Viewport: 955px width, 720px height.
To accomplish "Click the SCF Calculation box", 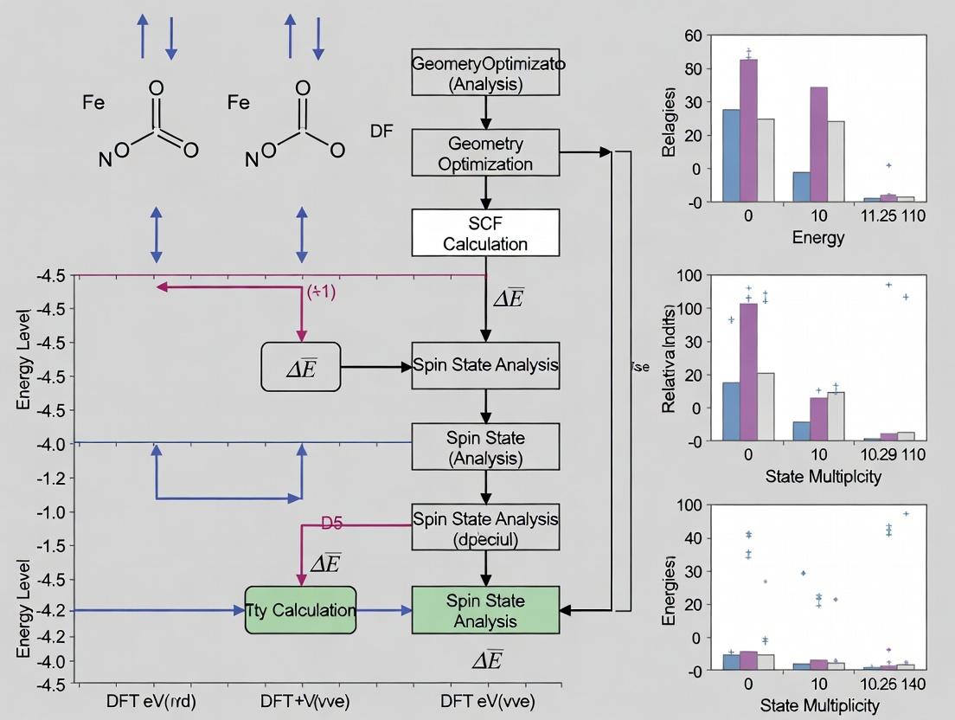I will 485,233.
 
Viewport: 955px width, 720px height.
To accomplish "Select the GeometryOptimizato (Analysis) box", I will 485,74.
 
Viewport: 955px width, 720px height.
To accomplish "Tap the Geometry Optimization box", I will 485,153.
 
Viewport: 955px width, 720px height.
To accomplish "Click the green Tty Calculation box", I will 300,610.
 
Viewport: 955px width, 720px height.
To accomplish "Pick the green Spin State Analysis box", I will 485,611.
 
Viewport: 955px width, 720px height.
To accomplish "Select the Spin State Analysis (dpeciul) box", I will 485,528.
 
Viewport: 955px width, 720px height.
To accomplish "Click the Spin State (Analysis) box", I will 485,447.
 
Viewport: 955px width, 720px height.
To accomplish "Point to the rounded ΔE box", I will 301,367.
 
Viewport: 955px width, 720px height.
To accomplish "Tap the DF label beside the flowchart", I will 381,132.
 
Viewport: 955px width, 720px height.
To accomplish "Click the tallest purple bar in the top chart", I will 748,130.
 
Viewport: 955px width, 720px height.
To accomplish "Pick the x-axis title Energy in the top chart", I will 817,237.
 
